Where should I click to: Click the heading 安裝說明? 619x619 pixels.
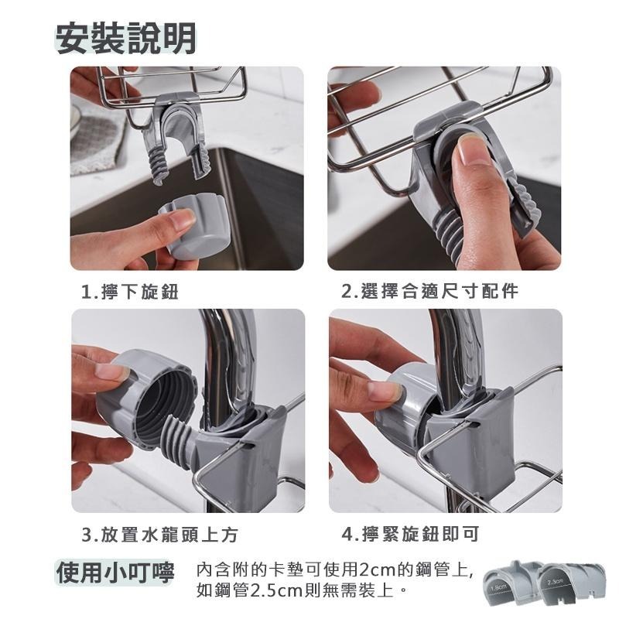click(126, 37)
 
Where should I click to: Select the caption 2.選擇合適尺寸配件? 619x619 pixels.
click(430, 292)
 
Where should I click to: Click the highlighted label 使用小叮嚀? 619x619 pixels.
click(116, 573)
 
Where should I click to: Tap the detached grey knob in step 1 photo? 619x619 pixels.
click(193, 224)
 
